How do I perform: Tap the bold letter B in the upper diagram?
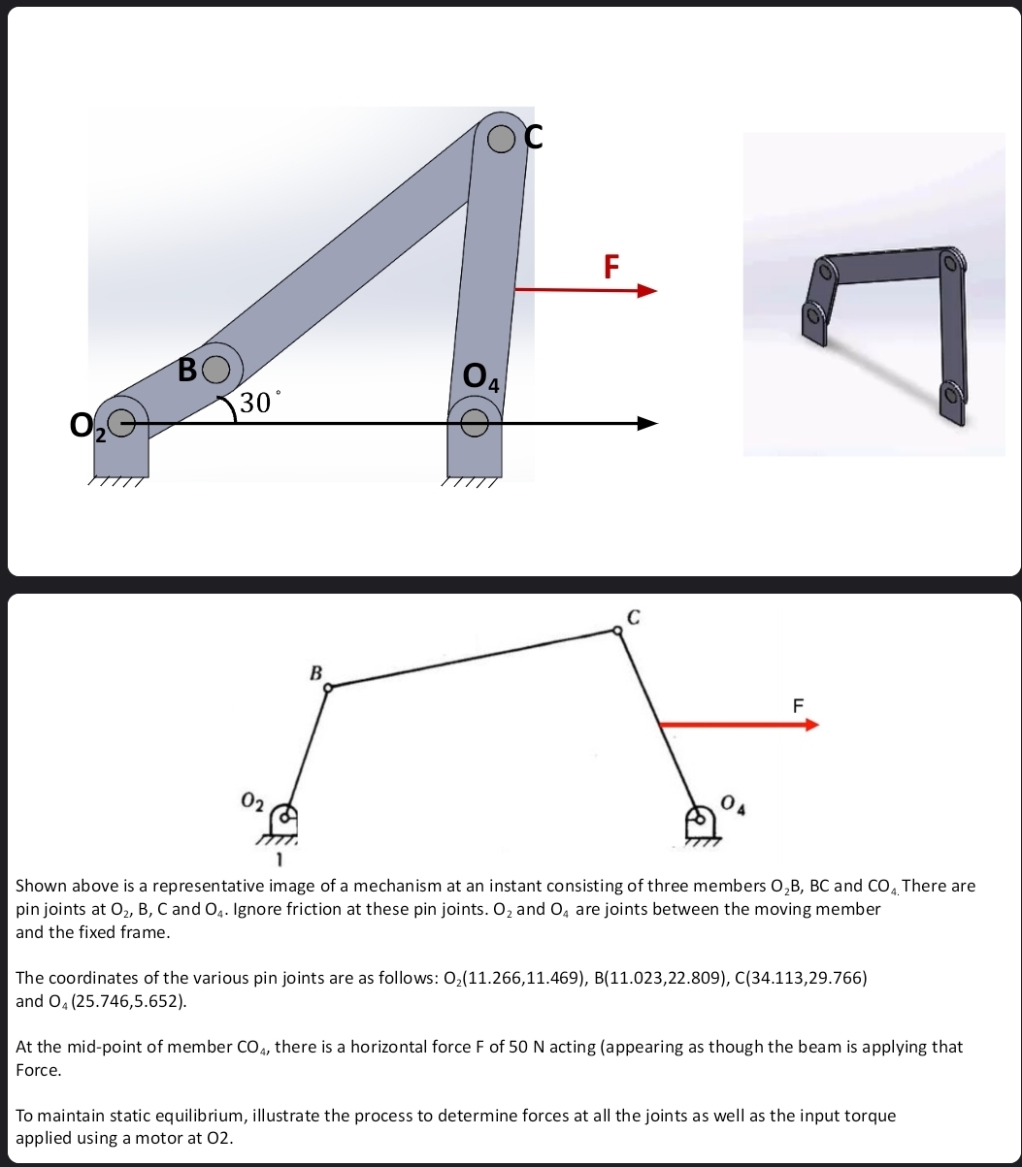189,370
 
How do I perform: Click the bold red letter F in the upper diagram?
610,266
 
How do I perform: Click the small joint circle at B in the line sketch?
328,688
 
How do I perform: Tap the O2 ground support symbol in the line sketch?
281,820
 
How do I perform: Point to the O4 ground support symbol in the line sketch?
701,823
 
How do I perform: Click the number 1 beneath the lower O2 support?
279,859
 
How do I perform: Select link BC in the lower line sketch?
473,659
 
